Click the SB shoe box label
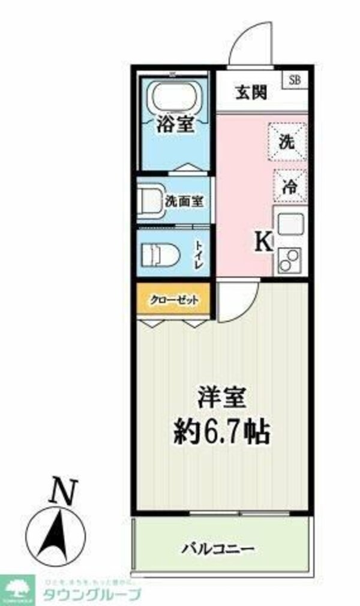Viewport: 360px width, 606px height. (295, 79)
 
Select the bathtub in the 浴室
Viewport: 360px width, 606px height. (175, 95)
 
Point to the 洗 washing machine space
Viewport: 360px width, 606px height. (287, 142)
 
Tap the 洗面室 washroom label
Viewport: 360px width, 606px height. (184, 202)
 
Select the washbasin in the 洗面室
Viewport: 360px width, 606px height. (149, 200)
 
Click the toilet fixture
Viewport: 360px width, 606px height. (159, 256)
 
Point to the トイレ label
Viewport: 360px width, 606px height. (199, 256)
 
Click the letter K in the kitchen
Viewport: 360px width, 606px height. (264, 242)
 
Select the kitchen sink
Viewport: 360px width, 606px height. (290, 224)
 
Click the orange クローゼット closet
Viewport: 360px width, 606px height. (173, 299)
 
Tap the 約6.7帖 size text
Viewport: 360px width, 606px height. (221, 431)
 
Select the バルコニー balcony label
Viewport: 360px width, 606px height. (219, 548)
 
